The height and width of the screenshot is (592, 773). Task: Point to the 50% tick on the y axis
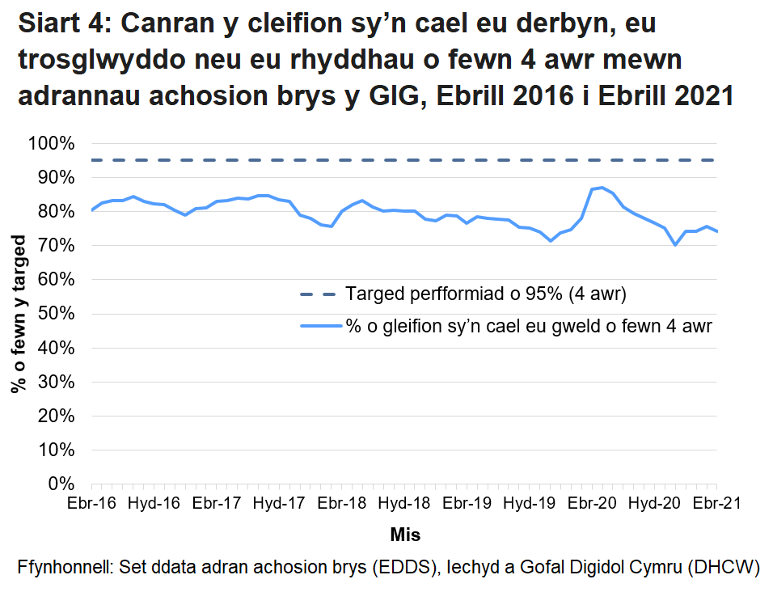(58, 314)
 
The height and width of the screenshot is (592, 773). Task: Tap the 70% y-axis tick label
(58, 246)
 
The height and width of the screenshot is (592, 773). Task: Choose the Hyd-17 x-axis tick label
(279, 503)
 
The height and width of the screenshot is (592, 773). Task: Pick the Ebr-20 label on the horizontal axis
(592, 503)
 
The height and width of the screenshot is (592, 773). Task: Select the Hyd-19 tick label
(529, 503)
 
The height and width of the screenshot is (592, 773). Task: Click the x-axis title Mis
(404, 535)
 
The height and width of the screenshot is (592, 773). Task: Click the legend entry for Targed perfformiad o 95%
(485, 293)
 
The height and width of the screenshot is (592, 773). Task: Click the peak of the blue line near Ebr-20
(602, 188)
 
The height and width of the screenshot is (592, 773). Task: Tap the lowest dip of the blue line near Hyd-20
(675, 244)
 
